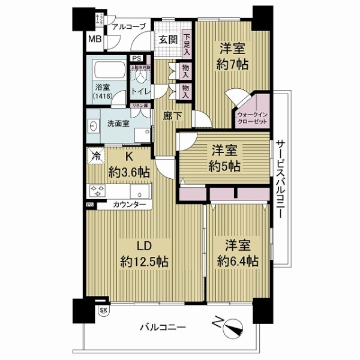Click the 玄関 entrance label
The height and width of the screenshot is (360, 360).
[167, 40]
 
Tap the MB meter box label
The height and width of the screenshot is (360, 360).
[95, 40]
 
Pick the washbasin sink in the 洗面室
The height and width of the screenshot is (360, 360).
[93, 127]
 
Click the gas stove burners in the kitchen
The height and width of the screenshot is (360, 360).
[97, 191]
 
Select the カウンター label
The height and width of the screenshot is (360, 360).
[129, 205]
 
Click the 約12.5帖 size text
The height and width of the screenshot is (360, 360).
[143, 262]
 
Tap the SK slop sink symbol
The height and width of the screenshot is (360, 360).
[103, 310]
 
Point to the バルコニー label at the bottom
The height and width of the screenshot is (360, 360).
[163, 328]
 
